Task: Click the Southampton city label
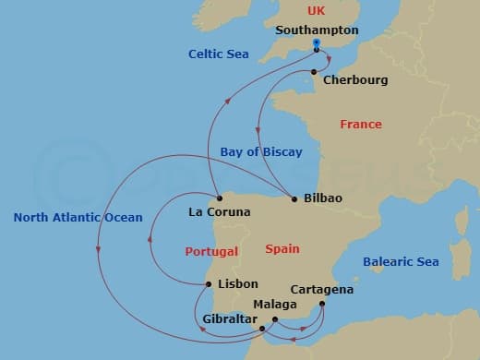317,30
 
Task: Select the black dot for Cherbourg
315,72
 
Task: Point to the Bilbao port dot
294,198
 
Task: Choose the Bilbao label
322,198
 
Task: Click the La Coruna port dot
220,198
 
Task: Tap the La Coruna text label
220,212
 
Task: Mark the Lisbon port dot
209,284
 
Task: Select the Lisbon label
237,284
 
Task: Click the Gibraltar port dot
262,328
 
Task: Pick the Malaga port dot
275,319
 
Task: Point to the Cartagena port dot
322,304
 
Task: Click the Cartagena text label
321,290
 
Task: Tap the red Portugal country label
210,251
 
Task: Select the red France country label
361,124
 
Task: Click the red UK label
317,11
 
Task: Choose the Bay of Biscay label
261,151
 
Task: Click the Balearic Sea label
401,262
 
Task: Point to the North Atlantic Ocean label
78,218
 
